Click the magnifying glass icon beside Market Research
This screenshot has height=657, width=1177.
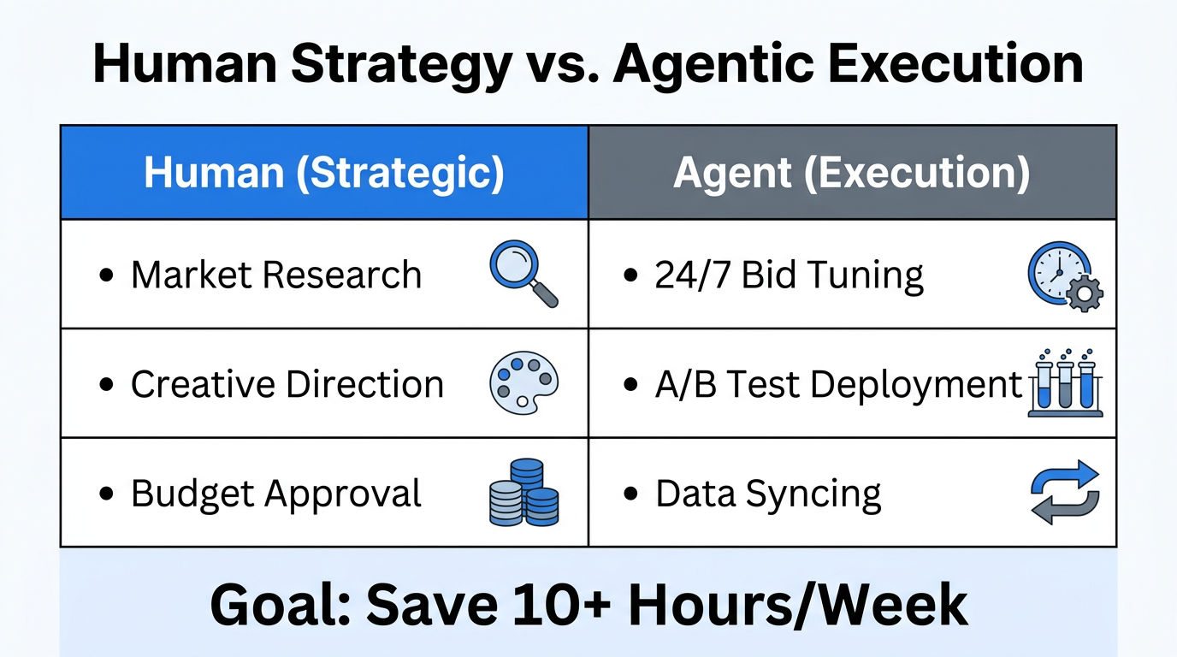click(522, 273)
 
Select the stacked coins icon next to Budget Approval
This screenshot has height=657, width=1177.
click(523, 493)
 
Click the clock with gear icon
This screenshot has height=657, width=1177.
click(1063, 275)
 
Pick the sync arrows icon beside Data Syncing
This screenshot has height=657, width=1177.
click(1064, 492)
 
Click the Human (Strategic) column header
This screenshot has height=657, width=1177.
click(324, 173)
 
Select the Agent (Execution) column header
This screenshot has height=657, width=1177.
click(851, 173)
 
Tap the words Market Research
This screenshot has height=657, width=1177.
click(276, 275)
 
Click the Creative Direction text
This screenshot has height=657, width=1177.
click(287, 384)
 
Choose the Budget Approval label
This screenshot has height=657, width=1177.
click(276, 494)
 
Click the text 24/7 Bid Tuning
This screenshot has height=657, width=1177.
click(789, 275)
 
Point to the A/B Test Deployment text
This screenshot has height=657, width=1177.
click(838, 384)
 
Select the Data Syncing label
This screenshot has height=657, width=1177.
click(768, 494)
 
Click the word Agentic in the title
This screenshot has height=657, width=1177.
click(712, 64)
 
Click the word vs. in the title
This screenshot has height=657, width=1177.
click(561, 64)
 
